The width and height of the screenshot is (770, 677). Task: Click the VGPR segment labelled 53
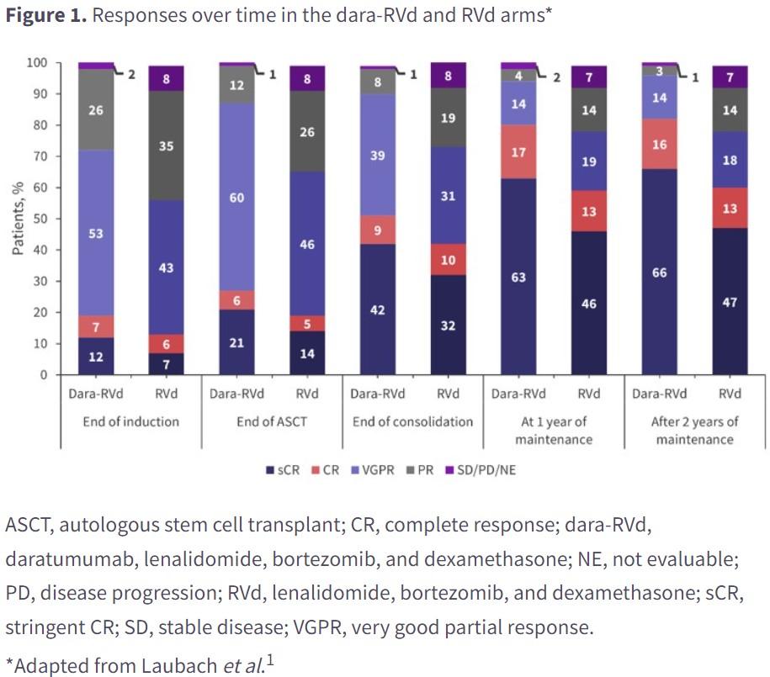click(x=96, y=233)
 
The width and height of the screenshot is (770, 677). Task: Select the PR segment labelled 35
click(x=166, y=145)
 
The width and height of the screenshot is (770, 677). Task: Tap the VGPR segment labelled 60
click(x=236, y=197)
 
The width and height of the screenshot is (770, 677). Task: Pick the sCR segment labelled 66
click(x=660, y=272)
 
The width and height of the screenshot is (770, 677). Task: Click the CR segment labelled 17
click(x=518, y=151)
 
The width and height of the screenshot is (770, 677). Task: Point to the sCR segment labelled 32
click(x=448, y=325)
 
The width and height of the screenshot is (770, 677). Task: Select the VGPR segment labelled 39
click(x=378, y=155)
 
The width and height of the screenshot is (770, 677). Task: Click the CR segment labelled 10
click(x=448, y=259)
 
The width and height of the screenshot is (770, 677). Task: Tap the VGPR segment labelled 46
click(x=307, y=244)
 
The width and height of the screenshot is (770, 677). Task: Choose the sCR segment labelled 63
click(x=518, y=277)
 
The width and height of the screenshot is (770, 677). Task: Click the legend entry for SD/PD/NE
click(x=481, y=470)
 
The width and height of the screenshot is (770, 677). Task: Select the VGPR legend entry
click(x=373, y=470)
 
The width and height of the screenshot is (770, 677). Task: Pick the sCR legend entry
click(x=283, y=470)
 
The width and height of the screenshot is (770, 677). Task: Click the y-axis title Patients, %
click(x=18, y=218)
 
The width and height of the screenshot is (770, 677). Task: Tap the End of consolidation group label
click(x=412, y=421)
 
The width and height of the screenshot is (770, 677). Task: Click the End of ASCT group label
click(x=272, y=421)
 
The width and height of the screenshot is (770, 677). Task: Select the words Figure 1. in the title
click(x=46, y=15)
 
